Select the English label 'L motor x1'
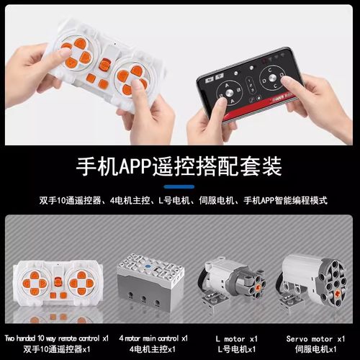click(x=237, y=338)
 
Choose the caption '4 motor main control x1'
click(x=153, y=338)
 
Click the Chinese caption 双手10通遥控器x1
click(x=57, y=349)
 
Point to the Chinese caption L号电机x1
click(x=237, y=349)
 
